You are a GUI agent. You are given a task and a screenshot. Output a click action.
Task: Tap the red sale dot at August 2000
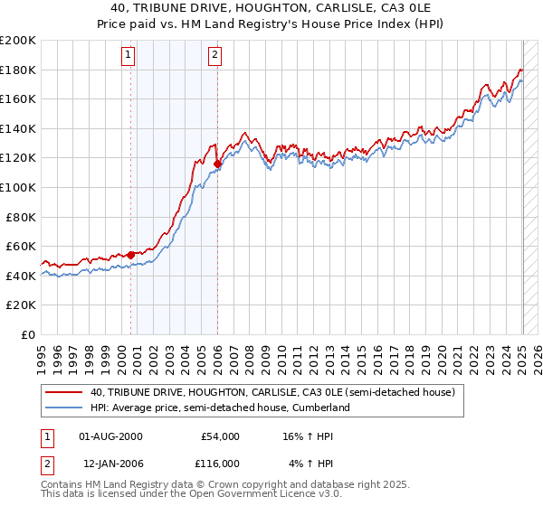point(130,255)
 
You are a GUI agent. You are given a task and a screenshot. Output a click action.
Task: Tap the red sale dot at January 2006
point(218,164)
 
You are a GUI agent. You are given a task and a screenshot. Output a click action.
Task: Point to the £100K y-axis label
point(17,187)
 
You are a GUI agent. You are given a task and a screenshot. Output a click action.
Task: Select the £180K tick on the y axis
point(17,70)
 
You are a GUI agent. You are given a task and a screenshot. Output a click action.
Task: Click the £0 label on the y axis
point(28,334)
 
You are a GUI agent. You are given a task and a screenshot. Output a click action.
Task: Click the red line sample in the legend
point(64,393)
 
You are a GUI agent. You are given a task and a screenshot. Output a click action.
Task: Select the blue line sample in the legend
point(64,408)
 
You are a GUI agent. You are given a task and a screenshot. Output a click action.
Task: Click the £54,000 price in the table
point(220,436)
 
